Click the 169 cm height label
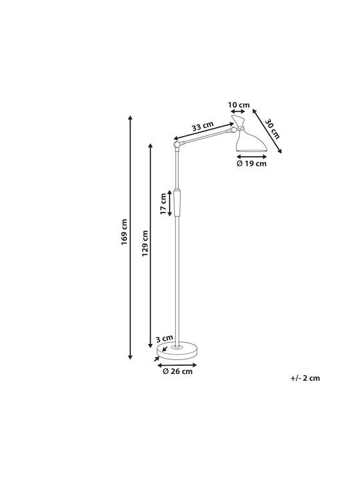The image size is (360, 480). click(x=124, y=232)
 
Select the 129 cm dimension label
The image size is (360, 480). click(x=145, y=244)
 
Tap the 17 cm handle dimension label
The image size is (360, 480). click(x=163, y=203)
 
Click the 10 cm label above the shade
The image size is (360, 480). click(x=239, y=105)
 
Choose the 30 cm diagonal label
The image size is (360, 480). click(x=272, y=129)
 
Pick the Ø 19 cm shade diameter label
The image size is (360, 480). click(x=251, y=163)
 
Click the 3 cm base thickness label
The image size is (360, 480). click(x=165, y=339)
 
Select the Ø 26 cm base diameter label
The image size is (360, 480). click(x=177, y=371)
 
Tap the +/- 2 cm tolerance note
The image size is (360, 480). click(x=305, y=378)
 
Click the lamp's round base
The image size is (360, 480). click(x=177, y=351)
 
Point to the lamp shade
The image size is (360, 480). click(x=249, y=134)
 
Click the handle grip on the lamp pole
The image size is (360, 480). click(x=177, y=203)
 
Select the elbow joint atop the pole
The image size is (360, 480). click(x=177, y=144)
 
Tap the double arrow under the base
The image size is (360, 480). click(x=177, y=365)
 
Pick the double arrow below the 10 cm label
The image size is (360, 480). click(x=238, y=111)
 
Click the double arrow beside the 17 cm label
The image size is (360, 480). click(x=170, y=204)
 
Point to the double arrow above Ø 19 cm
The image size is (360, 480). click(x=251, y=157)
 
